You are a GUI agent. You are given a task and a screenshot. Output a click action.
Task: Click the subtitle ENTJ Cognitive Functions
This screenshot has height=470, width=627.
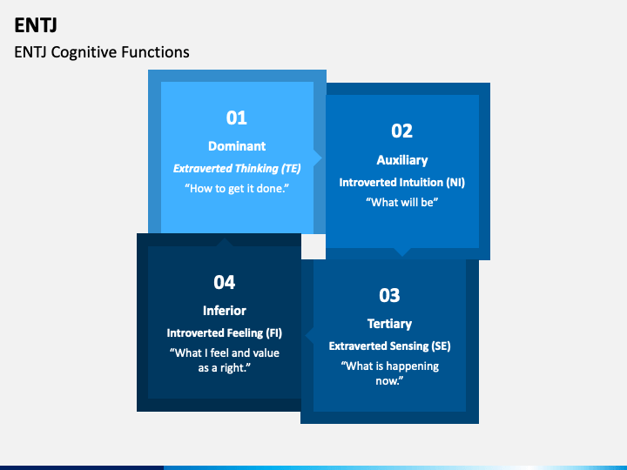(x=102, y=52)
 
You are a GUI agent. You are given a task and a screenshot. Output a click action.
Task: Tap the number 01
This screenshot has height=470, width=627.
(x=237, y=117)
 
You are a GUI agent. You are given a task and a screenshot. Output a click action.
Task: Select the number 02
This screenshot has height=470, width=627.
(x=401, y=131)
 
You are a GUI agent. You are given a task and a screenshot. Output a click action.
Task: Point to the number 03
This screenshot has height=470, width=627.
(x=389, y=295)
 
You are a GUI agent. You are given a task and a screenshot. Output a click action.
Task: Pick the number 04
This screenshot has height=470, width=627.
(x=225, y=281)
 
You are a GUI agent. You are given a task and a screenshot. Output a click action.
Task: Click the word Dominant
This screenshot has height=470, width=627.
(x=237, y=146)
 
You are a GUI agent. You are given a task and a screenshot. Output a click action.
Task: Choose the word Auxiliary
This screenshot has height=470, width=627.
(x=401, y=160)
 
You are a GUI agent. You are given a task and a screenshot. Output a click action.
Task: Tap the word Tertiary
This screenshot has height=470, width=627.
(x=389, y=324)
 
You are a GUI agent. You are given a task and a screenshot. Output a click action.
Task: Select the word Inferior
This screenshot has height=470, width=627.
(x=225, y=311)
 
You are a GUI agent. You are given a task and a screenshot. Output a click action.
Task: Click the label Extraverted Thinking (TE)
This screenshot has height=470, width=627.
(x=237, y=168)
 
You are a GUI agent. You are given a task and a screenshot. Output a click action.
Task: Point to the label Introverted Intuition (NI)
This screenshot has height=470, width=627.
(x=401, y=182)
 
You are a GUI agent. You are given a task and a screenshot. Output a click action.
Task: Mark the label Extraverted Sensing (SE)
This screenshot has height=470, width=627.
(x=389, y=346)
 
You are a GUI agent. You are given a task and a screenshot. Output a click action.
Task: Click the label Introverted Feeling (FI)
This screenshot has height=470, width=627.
(x=225, y=332)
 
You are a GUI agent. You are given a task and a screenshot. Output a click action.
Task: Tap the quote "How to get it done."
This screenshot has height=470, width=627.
(x=237, y=189)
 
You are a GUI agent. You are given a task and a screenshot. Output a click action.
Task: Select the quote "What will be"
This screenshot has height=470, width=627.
(x=401, y=203)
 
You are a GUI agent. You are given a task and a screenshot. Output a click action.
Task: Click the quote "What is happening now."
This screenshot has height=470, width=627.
(x=389, y=373)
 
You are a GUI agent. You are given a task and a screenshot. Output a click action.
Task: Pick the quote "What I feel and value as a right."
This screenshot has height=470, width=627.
(x=225, y=360)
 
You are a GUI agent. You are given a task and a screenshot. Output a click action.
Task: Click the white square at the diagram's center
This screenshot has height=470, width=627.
(x=313, y=246)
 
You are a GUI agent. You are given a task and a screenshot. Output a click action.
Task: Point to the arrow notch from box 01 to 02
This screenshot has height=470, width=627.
(x=319, y=158)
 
